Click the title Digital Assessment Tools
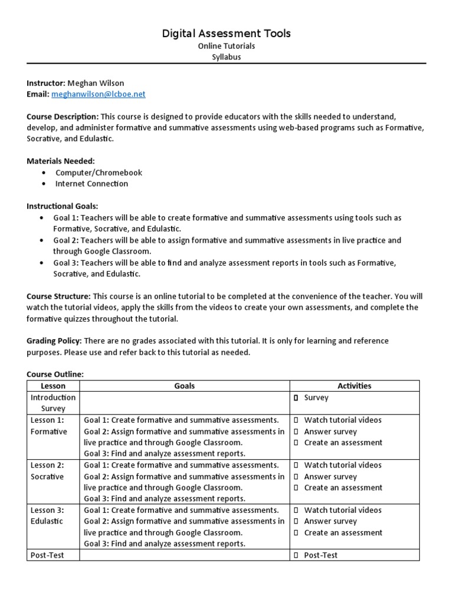(x=226, y=34)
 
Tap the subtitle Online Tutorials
(x=226, y=46)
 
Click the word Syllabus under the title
(x=226, y=57)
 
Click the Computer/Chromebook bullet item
(x=99, y=173)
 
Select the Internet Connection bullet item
(x=91, y=184)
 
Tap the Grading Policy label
(x=54, y=341)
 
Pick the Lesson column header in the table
(x=53, y=386)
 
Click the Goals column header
(x=185, y=386)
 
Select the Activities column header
(x=354, y=386)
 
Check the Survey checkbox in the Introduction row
(x=296, y=398)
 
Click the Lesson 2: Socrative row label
(x=47, y=471)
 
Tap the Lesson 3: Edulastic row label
(x=47, y=516)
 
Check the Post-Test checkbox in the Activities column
(x=296, y=555)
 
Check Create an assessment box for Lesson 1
(x=296, y=443)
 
